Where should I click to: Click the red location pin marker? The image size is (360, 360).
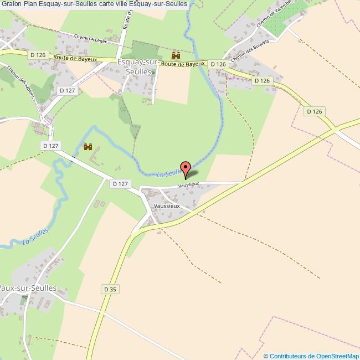[x=186, y=168]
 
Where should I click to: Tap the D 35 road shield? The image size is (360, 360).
[x=110, y=289]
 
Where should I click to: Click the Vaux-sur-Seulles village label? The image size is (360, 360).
[x=28, y=289]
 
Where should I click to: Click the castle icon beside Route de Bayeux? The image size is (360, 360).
[x=177, y=55]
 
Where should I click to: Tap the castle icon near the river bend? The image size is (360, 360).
[x=87, y=146]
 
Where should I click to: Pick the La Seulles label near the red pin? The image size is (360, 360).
[x=169, y=173]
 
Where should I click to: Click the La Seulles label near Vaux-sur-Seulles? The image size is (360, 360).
[x=36, y=236]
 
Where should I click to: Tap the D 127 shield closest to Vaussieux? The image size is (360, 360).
[x=120, y=184]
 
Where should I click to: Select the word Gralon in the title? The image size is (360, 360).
[x=11, y=4]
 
